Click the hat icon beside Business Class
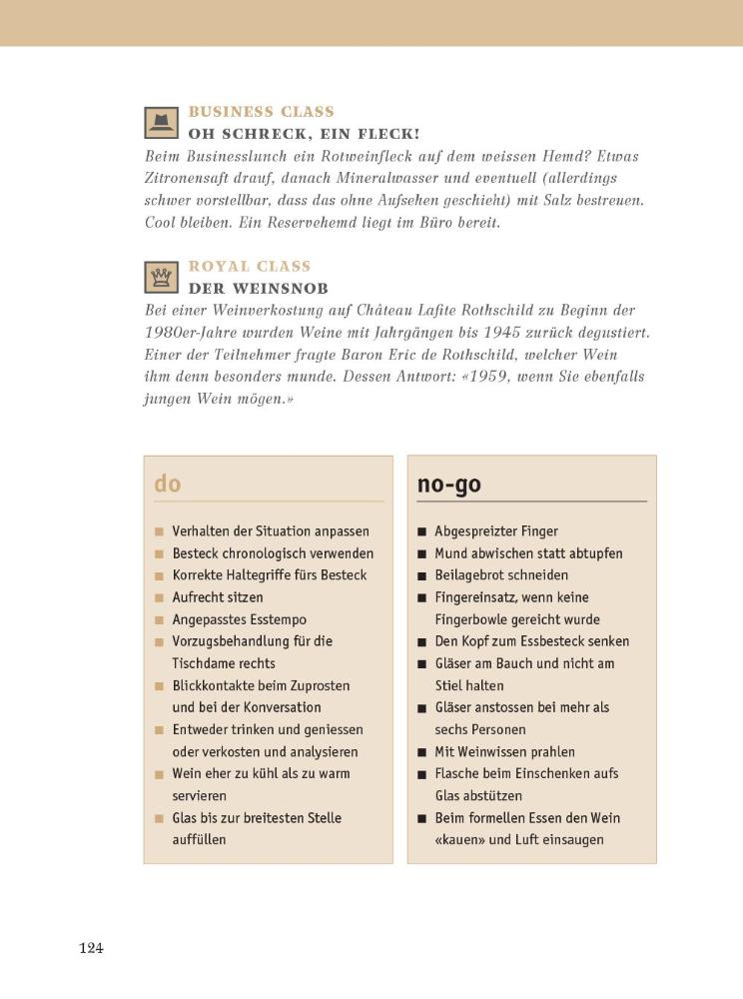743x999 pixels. pos(160,122)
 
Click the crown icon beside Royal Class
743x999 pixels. pos(160,277)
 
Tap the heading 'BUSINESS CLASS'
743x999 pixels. pos(261,112)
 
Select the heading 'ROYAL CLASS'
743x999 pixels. pos(250,267)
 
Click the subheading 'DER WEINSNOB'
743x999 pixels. pos(258,288)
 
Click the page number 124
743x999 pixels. pos(91,948)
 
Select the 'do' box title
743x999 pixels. pos(168,484)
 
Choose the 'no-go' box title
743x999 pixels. pos(448,484)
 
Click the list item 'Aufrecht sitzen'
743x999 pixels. pos(218,597)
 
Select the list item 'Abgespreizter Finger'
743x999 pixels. pos(496,531)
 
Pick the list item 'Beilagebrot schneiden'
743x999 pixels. pos(501,575)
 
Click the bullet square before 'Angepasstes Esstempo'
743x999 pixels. pos(159,619)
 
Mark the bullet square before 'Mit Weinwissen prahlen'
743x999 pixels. pos(422,752)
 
